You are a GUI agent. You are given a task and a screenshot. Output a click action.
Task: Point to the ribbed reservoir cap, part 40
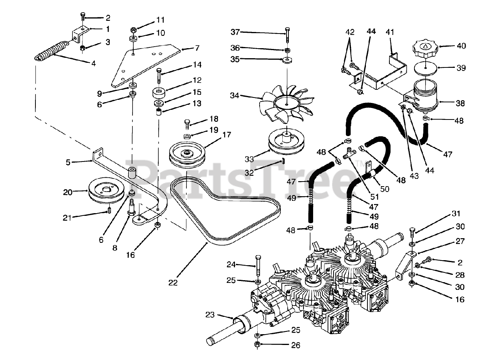point(425,48)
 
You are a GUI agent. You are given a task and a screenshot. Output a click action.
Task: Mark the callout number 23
point(209,315)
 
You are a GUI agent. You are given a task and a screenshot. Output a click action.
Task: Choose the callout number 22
point(173,283)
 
